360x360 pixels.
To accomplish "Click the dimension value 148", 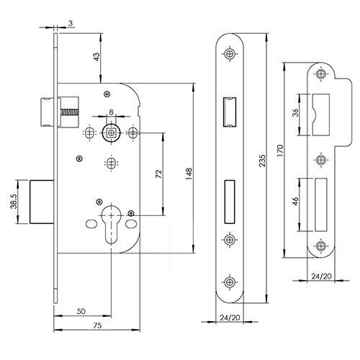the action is [x=189, y=174].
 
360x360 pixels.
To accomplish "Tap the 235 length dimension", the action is [x=262, y=161].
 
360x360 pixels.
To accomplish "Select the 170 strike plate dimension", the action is [x=280, y=150].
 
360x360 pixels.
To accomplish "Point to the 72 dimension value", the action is [x=159, y=174].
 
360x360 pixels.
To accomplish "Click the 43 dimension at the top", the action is [x=96, y=57].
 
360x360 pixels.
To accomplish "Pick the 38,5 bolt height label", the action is [x=14, y=201].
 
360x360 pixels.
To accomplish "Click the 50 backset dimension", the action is [x=81, y=311].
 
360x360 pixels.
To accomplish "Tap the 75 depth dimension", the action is [x=97, y=325].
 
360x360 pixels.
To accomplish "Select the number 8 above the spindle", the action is [x=111, y=112].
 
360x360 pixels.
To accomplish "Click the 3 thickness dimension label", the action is [x=71, y=23].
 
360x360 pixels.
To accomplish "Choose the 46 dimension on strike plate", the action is [x=295, y=201].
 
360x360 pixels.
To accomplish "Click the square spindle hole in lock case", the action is [x=111, y=132].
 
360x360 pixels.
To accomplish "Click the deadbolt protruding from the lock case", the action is [x=42, y=202].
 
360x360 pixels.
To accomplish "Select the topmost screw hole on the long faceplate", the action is [x=230, y=53].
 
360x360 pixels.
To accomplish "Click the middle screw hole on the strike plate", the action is [x=320, y=159].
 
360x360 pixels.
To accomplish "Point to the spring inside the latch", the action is [x=70, y=112].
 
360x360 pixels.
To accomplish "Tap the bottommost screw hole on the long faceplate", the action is [x=230, y=282].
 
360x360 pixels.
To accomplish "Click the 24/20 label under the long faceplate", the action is [x=230, y=318].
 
